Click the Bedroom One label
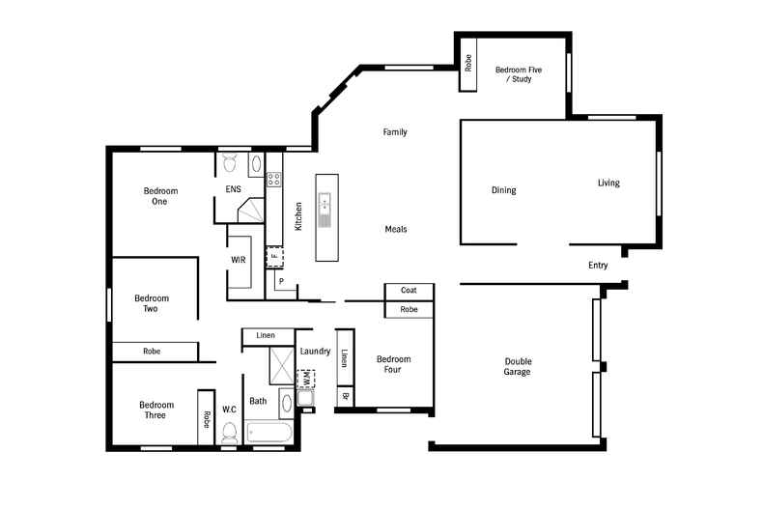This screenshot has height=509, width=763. coord(160,196)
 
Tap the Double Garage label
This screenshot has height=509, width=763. coord(518,366)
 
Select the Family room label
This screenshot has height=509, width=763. coord(395,132)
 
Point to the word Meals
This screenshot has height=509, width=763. coord(396,229)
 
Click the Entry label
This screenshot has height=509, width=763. coord(598,266)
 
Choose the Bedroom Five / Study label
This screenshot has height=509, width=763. coord(519,74)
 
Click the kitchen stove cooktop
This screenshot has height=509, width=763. coord(274,179)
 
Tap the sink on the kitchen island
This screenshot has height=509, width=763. coord(325,203)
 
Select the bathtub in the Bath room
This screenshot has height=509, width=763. coord(269,433)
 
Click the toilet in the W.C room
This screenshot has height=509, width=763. coord(229,433)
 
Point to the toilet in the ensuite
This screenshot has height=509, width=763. coord(230,162)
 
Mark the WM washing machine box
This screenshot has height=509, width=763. coord(306,379)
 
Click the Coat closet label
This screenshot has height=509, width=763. coord(409,290)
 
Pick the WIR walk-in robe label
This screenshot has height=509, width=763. coord(238,260)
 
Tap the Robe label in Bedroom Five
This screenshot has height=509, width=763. coord(468,63)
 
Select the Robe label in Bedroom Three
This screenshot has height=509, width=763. coord(207,419)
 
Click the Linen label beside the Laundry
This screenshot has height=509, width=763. coord(345,358)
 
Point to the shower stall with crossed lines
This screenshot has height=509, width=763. coord(282,366)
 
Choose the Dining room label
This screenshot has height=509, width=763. coord(503,190)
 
